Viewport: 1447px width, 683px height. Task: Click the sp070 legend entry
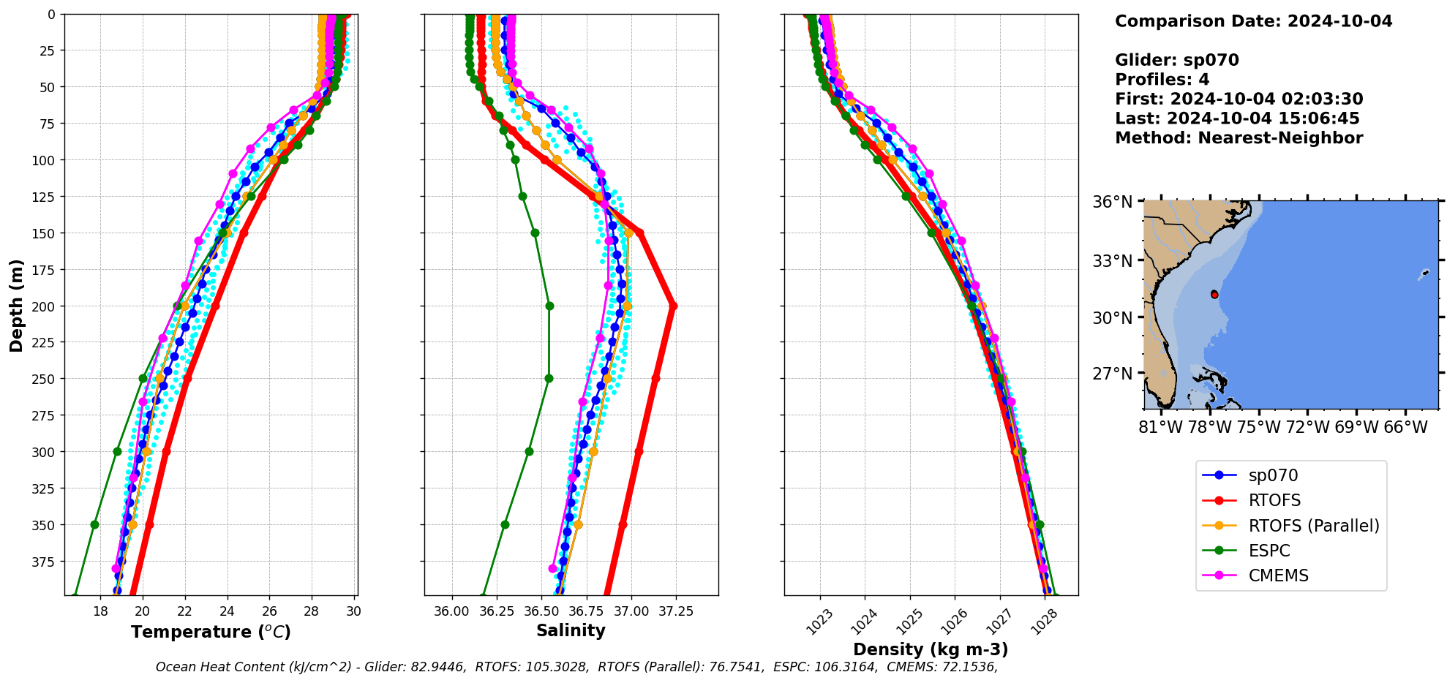1272,475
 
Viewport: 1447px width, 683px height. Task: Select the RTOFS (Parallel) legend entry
1313,526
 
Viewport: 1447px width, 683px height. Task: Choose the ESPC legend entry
1269,551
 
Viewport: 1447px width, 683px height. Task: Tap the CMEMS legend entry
1277,576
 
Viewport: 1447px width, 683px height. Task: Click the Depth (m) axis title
16,305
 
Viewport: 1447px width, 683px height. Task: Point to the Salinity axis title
571,630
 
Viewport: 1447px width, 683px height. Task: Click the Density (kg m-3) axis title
931,649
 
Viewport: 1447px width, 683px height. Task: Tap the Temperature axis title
211,632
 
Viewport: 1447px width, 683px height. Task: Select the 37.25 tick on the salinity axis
676,611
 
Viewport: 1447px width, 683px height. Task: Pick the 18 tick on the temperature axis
101,611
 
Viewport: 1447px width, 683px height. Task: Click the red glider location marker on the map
1214,294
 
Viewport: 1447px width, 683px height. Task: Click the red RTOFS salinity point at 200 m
673,306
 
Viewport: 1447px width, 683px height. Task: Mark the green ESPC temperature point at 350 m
94,524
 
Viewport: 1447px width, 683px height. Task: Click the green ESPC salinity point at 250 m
549,378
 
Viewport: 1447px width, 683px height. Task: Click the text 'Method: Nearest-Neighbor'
1239,138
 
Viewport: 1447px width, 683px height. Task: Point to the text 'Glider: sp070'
1176,60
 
